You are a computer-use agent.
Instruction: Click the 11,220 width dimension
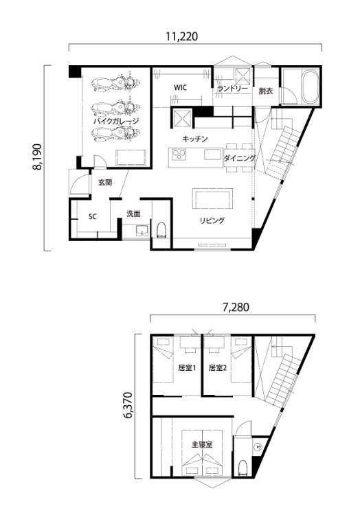point(181,36)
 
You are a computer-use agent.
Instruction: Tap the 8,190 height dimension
point(37,157)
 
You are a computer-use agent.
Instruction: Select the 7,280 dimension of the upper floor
point(236,307)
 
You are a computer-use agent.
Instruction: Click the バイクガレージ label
point(116,121)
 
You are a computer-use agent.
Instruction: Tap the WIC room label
point(180,88)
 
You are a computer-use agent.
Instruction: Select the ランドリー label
point(232,89)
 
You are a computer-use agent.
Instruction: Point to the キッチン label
point(195,139)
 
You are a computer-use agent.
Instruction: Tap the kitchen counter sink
point(212,154)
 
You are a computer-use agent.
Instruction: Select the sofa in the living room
point(212,198)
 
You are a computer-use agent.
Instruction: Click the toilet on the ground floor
point(161,229)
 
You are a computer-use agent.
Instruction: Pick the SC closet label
point(93,217)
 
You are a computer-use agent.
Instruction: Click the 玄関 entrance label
point(105,183)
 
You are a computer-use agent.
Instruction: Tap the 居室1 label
point(187,368)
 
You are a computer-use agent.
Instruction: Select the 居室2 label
point(218,368)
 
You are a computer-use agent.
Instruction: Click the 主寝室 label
point(202,445)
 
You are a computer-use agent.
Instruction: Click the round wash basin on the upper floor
point(258,447)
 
